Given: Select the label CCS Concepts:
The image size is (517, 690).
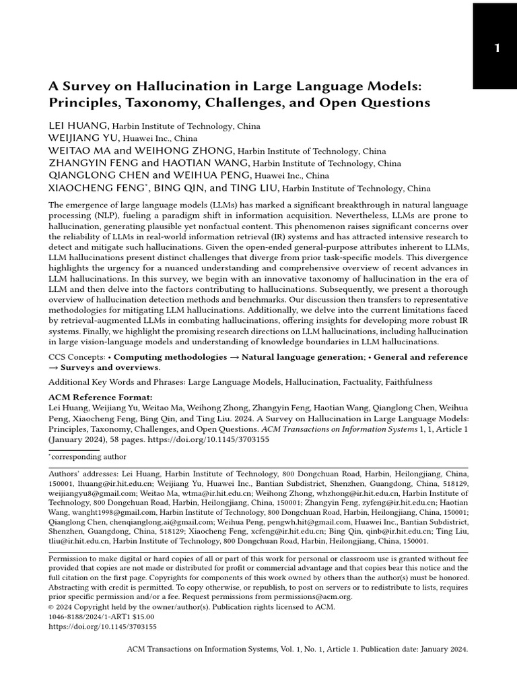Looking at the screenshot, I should [x=76, y=356].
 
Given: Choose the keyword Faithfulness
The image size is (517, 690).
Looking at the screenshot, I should [x=409, y=382].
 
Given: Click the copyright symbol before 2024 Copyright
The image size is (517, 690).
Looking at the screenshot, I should [x=52, y=606].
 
